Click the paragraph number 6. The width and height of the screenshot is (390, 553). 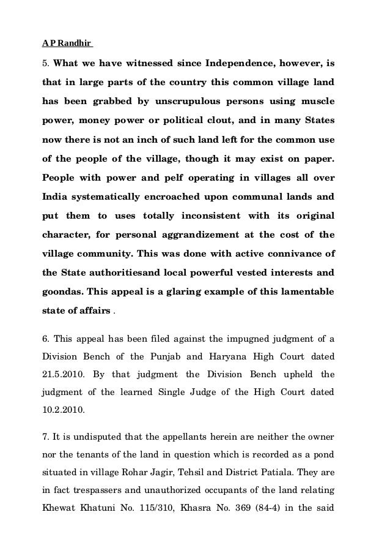[x=45, y=336]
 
